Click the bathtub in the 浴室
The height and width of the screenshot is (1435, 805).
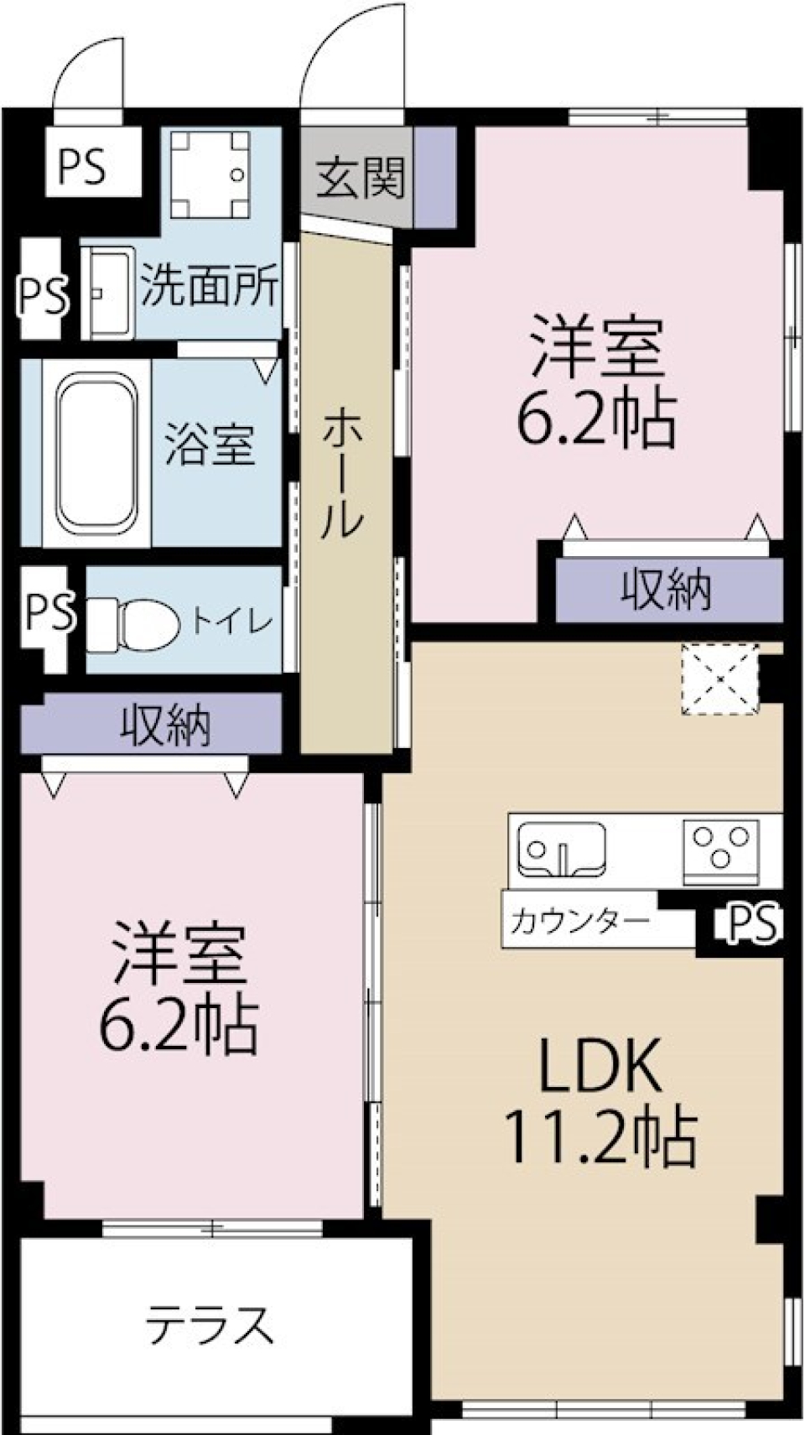click(96, 454)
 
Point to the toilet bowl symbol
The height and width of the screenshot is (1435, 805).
click(134, 621)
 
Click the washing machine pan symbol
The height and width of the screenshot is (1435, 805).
click(210, 174)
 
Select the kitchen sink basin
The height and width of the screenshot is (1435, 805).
click(561, 848)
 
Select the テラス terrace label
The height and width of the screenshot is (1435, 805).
click(210, 1326)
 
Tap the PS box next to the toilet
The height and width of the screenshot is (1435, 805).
click(48, 612)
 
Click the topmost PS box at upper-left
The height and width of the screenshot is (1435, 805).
click(82, 166)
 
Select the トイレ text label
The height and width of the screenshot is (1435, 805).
click(231, 621)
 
